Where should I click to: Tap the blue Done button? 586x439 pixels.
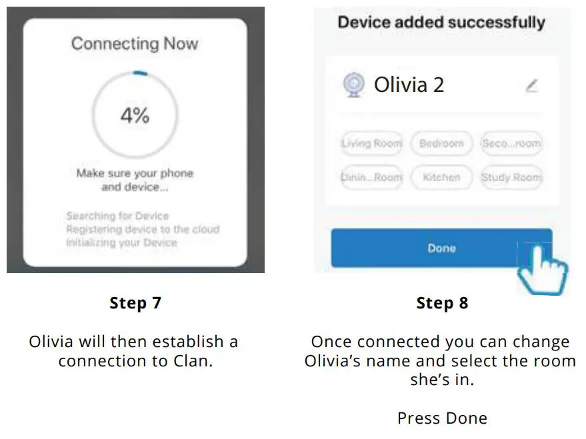[x=441, y=248]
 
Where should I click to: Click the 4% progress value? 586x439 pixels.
[x=135, y=116]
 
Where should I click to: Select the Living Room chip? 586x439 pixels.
[x=372, y=143]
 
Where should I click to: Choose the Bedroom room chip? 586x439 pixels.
[x=441, y=143]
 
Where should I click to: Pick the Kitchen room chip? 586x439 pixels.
[x=441, y=177]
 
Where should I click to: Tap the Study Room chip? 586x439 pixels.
[x=511, y=177]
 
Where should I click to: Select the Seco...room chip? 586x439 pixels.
[x=511, y=143]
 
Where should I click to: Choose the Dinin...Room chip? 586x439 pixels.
[x=372, y=177]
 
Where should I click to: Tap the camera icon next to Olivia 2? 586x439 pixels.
[x=354, y=85]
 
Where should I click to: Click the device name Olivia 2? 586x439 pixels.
[x=409, y=85]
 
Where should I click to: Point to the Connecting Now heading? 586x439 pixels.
[x=135, y=44]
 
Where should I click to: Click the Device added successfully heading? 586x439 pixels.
[x=441, y=22]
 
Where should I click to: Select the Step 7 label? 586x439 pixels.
[x=135, y=303]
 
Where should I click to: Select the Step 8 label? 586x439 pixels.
[x=442, y=303]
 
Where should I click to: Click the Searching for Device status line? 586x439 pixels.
[x=117, y=216]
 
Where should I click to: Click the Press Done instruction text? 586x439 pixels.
[x=442, y=418]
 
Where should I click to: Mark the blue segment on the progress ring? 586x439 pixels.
[x=139, y=73]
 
